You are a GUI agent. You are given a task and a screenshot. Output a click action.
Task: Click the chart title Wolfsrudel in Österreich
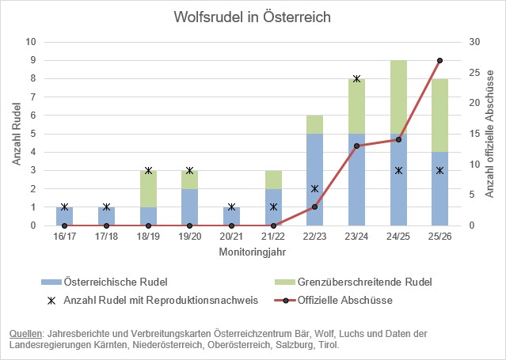[x=252, y=17]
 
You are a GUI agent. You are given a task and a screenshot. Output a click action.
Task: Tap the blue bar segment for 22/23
[x=315, y=180]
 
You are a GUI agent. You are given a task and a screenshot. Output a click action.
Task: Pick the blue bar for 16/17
[x=64, y=216]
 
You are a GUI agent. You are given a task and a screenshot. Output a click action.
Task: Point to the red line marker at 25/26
[x=439, y=60]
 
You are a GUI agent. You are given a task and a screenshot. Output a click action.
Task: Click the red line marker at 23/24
[x=356, y=146]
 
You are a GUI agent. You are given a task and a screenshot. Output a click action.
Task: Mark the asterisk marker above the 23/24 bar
[x=356, y=78]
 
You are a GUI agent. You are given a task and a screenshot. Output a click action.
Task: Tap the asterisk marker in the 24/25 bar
[x=398, y=170]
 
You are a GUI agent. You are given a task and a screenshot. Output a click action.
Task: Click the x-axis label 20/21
[x=231, y=237]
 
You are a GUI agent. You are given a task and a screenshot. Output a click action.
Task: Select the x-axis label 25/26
[x=439, y=237]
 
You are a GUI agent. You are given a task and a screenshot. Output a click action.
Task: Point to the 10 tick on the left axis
[x=31, y=41]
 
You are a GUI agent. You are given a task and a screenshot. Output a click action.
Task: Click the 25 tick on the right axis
[x=472, y=72]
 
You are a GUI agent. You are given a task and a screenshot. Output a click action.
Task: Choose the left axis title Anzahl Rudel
[x=15, y=133]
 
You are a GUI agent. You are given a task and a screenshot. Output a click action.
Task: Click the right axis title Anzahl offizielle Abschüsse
[x=489, y=133]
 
